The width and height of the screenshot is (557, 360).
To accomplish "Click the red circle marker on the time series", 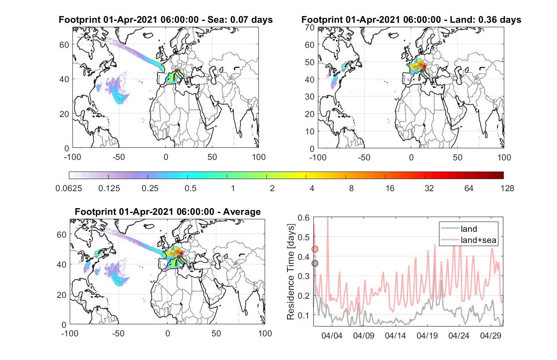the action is (315, 249).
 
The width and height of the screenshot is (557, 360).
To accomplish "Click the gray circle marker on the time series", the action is (315, 263).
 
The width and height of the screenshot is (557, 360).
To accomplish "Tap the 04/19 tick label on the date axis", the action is (427, 335).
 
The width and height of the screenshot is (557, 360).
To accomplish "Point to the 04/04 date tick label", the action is (332, 335).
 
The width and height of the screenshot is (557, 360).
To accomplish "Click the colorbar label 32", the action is (429, 188).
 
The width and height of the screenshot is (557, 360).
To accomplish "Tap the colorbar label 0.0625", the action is (69, 188).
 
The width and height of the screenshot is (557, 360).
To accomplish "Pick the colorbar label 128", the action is (507, 188).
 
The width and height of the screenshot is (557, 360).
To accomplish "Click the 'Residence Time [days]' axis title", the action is (291, 272).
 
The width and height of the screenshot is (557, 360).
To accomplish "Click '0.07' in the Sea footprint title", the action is (240, 20).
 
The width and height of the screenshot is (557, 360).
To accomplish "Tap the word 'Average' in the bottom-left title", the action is (242, 212).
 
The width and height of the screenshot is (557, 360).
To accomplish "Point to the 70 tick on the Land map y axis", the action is (310, 27).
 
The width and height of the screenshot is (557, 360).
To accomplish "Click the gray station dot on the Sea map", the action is (176, 71).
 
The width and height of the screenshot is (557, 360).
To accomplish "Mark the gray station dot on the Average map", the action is (178, 257).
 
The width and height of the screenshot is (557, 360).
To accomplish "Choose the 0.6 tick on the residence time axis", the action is (304, 218).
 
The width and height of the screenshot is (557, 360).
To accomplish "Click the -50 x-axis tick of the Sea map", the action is (118, 157).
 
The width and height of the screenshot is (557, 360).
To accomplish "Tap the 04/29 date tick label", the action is (490, 335).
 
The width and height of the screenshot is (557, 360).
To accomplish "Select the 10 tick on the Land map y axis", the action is (310, 131).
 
